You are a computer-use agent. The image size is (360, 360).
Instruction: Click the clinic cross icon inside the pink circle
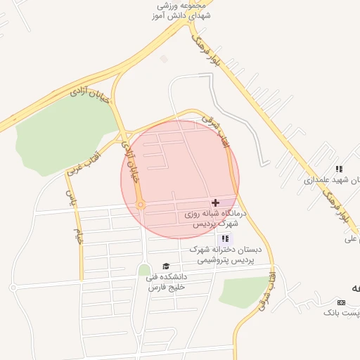tap(215, 202)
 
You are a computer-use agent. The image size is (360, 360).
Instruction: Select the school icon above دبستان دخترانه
tap(225, 238)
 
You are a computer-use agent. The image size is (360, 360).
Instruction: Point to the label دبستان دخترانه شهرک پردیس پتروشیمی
tap(224, 255)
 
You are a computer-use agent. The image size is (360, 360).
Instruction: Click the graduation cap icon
tap(166, 266)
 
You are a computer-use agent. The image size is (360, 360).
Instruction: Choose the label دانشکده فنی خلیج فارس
tap(165, 282)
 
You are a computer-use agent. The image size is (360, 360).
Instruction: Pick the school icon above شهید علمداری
tap(339, 169)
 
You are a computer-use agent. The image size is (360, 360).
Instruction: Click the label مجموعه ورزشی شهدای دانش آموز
tap(184, 10)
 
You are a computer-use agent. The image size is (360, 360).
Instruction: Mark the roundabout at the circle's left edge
tap(141, 205)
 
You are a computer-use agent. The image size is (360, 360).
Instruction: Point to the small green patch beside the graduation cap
tap(144, 270)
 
